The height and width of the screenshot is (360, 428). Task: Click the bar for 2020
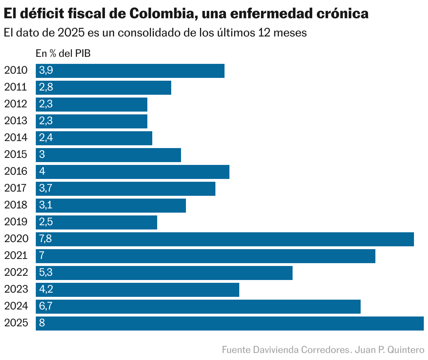click(225, 239)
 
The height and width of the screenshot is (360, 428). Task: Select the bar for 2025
click(229, 324)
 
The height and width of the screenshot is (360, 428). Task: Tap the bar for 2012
click(91, 105)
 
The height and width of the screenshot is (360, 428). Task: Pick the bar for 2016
click(132, 172)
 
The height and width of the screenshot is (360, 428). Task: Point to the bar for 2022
click(164, 273)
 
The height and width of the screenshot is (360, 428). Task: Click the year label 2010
click(16, 70)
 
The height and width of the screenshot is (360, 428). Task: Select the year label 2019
click(16, 222)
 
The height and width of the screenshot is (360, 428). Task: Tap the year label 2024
click(16, 306)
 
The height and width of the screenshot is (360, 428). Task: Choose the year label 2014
click(16, 138)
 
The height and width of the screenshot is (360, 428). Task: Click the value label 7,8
click(46, 239)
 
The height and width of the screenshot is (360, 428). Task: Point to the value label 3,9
click(46, 70)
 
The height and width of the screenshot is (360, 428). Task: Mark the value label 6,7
click(46, 306)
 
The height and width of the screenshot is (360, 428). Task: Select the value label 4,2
click(46, 289)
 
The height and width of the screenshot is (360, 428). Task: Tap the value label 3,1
click(46, 205)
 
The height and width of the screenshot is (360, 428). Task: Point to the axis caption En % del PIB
click(63, 53)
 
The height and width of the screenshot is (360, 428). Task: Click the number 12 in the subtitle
click(264, 33)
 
